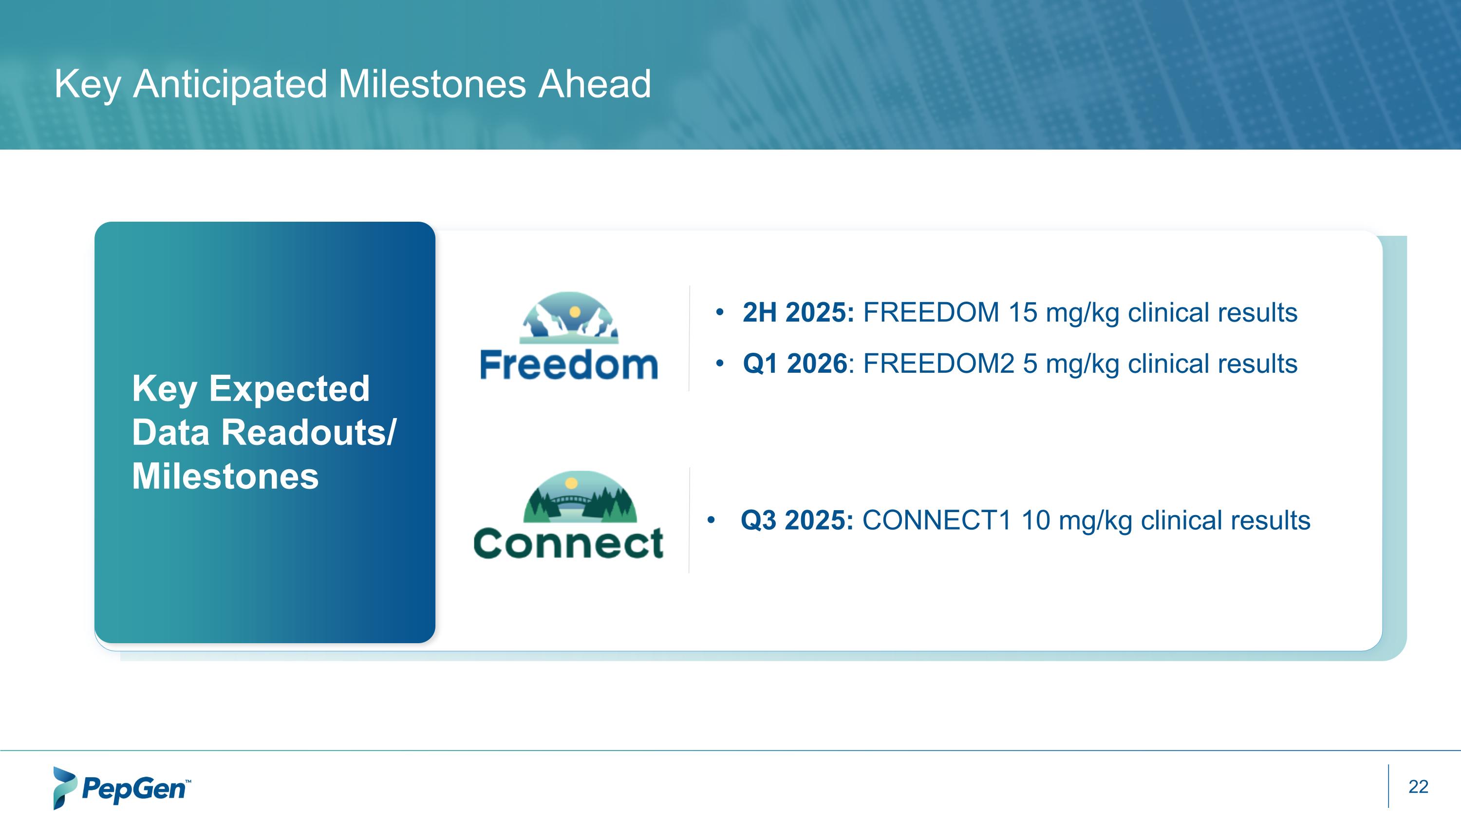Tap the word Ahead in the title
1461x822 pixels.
[594, 84]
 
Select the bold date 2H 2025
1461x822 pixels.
[798, 313]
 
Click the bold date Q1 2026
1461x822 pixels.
[795, 363]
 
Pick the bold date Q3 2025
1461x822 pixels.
[796, 520]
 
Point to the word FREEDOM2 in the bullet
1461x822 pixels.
[938, 363]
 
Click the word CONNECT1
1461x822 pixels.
[937, 520]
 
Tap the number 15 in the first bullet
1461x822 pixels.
[1022, 313]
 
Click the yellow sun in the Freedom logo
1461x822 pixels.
[575, 311]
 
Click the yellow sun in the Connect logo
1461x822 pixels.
[572, 483]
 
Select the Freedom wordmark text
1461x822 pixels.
[569, 365]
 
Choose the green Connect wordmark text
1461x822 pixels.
[568, 543]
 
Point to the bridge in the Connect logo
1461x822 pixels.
[571, 501]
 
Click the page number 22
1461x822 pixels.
[1418, 786]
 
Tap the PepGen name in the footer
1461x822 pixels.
[134, 789]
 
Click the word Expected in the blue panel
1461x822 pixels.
[289, 389]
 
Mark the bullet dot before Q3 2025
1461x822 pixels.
[711, 519]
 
